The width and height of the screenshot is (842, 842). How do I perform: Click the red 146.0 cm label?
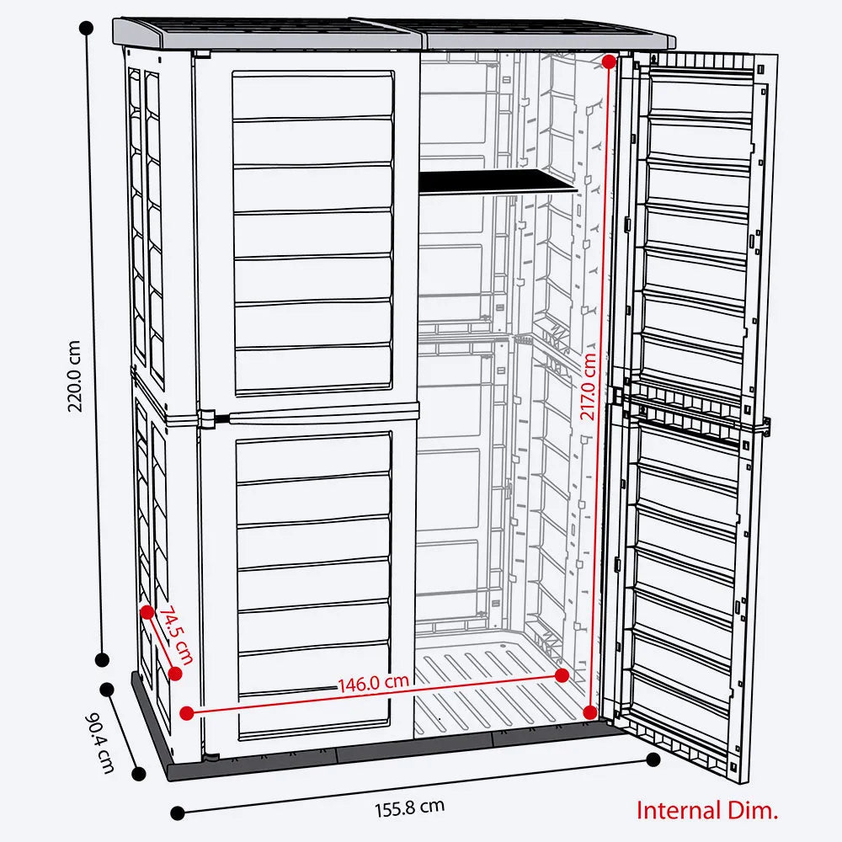[374, 683]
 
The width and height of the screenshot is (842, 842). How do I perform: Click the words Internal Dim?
[706, 811]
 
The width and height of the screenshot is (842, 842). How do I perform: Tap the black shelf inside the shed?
[497, 180]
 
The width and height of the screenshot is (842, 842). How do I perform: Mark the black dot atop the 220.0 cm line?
[85, 28]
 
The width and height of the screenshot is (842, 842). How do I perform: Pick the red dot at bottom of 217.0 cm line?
[589, 712]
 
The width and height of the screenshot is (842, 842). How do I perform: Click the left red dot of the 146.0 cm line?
[187, 712]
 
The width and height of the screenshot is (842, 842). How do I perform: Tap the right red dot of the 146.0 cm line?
[562, 675]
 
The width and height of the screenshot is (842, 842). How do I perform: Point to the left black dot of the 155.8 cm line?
[177, 813]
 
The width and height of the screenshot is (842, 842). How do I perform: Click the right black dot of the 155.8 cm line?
[653, 759]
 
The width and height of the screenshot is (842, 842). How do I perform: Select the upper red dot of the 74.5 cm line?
[147, 611]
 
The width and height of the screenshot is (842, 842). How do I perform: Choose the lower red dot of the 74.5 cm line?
[175, 673]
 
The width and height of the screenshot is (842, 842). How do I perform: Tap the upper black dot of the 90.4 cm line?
[107, 689]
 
